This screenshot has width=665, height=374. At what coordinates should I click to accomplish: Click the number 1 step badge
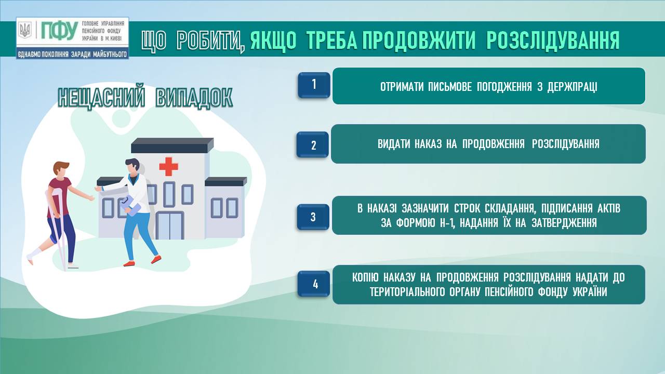click(314, 85)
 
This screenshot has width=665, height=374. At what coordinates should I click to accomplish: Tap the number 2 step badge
click(313, 144)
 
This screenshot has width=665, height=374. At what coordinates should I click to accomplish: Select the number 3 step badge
click(313, 217)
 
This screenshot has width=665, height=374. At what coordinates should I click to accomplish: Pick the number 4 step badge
click(314, 284)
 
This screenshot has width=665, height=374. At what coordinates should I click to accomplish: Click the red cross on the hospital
click(169, 167)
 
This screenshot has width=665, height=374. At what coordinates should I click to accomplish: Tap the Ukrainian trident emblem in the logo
click(24, 30)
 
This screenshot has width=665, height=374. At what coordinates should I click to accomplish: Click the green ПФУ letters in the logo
click(59, 30)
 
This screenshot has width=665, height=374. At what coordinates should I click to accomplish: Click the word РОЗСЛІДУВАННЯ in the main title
click(553, 40)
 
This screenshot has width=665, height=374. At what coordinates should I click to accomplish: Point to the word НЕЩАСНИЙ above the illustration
click(101, 97)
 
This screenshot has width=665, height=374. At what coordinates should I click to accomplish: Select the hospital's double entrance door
click(169, 225)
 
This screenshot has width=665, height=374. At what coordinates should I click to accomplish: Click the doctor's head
click(132, 167)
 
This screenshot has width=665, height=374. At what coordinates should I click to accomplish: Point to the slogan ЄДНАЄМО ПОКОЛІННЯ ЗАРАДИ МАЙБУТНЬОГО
click(72, 55)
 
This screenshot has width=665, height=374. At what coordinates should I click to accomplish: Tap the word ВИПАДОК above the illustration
click(194, 97)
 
